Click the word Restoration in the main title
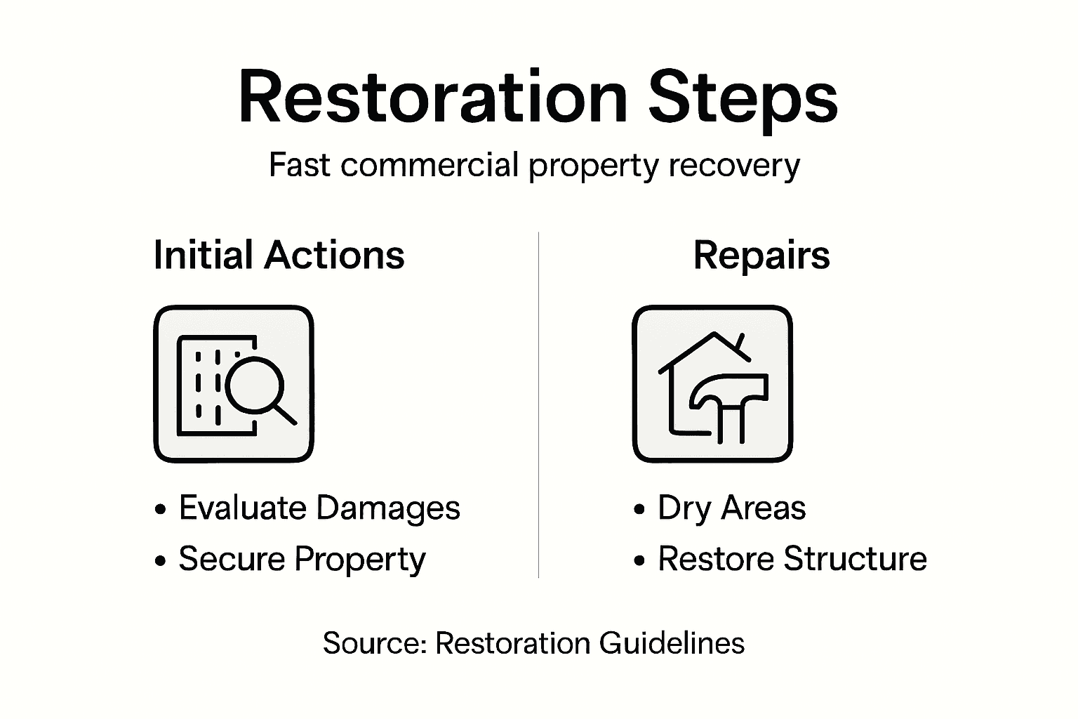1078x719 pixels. tap(432, 98)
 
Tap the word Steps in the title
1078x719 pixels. tap(742, 98)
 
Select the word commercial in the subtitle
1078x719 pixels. tap(430, 166)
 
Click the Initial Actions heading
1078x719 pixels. tap(279, 255)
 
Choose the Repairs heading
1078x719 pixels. tap(761, 255)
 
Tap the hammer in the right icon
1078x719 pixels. tap(730, 400)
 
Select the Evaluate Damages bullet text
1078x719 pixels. tap(319, 508)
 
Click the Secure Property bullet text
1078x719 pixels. tap(302, 560)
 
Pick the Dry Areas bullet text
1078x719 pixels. tap(731, 508)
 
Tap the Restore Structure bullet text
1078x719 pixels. tap(792, 560)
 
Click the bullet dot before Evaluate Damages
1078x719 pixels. tap(161, 510)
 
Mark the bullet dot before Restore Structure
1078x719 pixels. tap(639, 561)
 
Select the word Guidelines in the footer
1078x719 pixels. tap(672, 643)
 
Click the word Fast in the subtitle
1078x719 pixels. tap(299, 166)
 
